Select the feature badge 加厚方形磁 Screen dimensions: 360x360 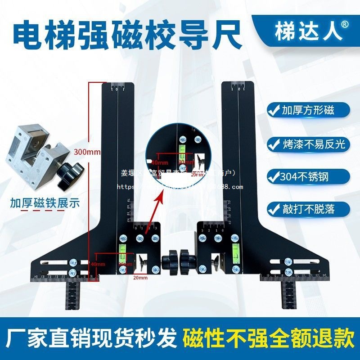click(x=308, y=109)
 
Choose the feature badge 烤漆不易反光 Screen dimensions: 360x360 click(x=308, y=144)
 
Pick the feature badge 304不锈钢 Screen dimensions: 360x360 click(x=308, y=176)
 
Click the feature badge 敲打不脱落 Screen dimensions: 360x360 click(x=308, y=209)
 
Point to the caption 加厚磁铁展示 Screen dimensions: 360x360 click(x=45, y=202)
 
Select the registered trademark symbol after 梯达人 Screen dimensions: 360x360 click(x=344, y=25)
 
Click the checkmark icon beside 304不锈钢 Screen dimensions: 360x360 click(x=273, y=176)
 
